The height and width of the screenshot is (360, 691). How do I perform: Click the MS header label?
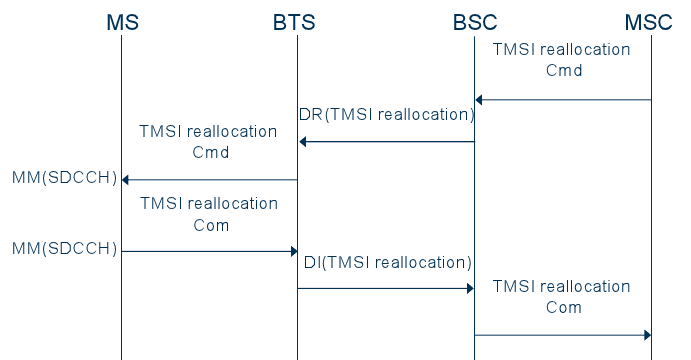tap(121, 21)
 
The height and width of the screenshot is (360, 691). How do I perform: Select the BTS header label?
tap(295, 21)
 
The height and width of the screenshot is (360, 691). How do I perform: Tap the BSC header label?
tap(473, 21)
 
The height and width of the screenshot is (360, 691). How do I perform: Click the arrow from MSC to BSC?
tap(563, 100)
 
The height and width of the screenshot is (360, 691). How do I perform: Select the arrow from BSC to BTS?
tap(386, 142)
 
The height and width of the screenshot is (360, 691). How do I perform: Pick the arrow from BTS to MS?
tap(209, 180)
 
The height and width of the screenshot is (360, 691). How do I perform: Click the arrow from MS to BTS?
tap(209, 251)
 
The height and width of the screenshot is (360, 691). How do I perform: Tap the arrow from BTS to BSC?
tap(386, 288)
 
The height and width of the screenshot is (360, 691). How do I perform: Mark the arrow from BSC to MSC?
tap(563, 335)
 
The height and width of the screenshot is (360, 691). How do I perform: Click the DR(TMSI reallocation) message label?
tap(386, 115)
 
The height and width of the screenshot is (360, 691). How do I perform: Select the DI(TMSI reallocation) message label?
tap(387, 263)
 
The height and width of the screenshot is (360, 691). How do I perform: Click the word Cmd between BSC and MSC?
tap(564, 71)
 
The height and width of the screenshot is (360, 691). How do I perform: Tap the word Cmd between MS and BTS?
tap(210, 153)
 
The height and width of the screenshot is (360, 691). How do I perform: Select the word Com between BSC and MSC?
tap(564, 308)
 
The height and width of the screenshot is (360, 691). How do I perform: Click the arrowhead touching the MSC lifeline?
tap(646, 335)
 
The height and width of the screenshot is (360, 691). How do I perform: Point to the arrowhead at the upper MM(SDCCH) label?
tap(125, 180)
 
